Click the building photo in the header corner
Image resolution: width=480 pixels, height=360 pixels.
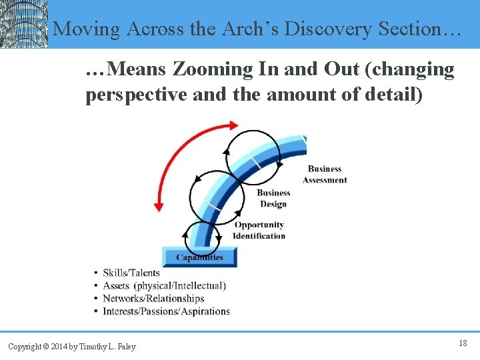(x=24, y=24)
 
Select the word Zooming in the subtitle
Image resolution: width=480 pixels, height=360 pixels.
(x=213, y=69)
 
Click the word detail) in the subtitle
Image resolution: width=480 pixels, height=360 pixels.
(x=393, y=95)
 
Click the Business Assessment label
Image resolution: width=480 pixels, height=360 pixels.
(x=325, y=175)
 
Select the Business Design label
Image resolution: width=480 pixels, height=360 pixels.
(x=273, y=199)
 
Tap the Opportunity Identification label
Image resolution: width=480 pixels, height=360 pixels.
(x=259, y=231)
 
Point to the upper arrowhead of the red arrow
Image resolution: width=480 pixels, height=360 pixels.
(x=231, y=125)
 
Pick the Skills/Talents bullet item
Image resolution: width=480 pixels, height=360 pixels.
(x=131, y=273)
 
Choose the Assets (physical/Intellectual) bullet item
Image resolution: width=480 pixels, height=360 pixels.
(x=164, y=285)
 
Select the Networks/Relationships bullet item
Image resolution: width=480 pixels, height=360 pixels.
(x=153, y=298)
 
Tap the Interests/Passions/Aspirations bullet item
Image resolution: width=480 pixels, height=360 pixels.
(x=166, y=311)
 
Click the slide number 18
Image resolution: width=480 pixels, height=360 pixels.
(x=463, y=343)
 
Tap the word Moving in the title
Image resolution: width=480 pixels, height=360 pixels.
(x=87, y=29)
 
